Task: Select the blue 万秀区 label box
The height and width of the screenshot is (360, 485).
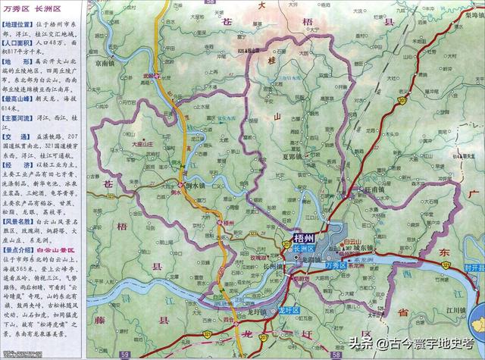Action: pyautogui.click(x=333, y=267)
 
